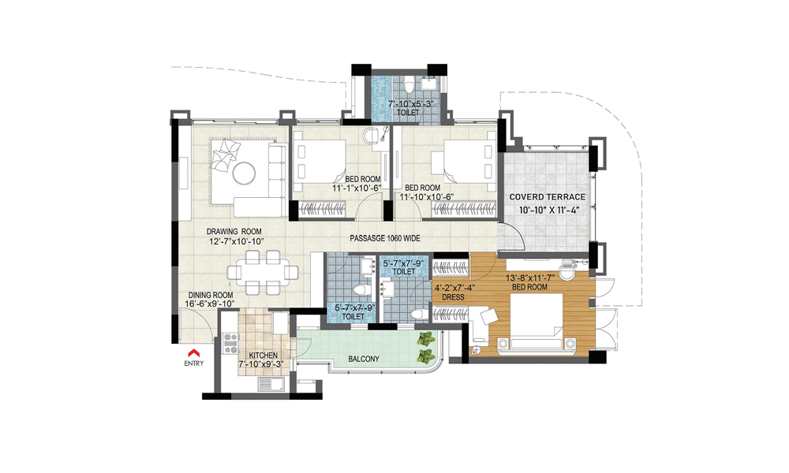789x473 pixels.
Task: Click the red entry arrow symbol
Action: (194, 353)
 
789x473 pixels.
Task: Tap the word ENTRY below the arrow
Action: (194, 363)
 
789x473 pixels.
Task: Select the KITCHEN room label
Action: (264, 356)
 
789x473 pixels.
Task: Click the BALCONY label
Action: (364, 359)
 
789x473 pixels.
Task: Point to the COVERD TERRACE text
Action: (548, 197)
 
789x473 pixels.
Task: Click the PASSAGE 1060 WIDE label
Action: (385, 238)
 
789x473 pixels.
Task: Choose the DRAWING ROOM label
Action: (234, 232)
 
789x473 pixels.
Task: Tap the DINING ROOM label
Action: (211, 295)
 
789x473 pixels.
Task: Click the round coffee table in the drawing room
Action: (245, 173)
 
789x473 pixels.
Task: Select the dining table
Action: (263, 272)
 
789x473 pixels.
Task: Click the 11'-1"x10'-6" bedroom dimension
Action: (357, 188)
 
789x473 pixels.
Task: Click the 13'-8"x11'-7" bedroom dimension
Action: (530, 278)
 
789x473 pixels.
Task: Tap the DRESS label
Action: (453, 297)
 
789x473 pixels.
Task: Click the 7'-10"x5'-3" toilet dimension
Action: (410, 104)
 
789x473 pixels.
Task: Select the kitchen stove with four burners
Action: (230, 343)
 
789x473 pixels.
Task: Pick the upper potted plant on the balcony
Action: (426, 339)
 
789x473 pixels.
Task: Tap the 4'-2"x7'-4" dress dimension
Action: (454, 288)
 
